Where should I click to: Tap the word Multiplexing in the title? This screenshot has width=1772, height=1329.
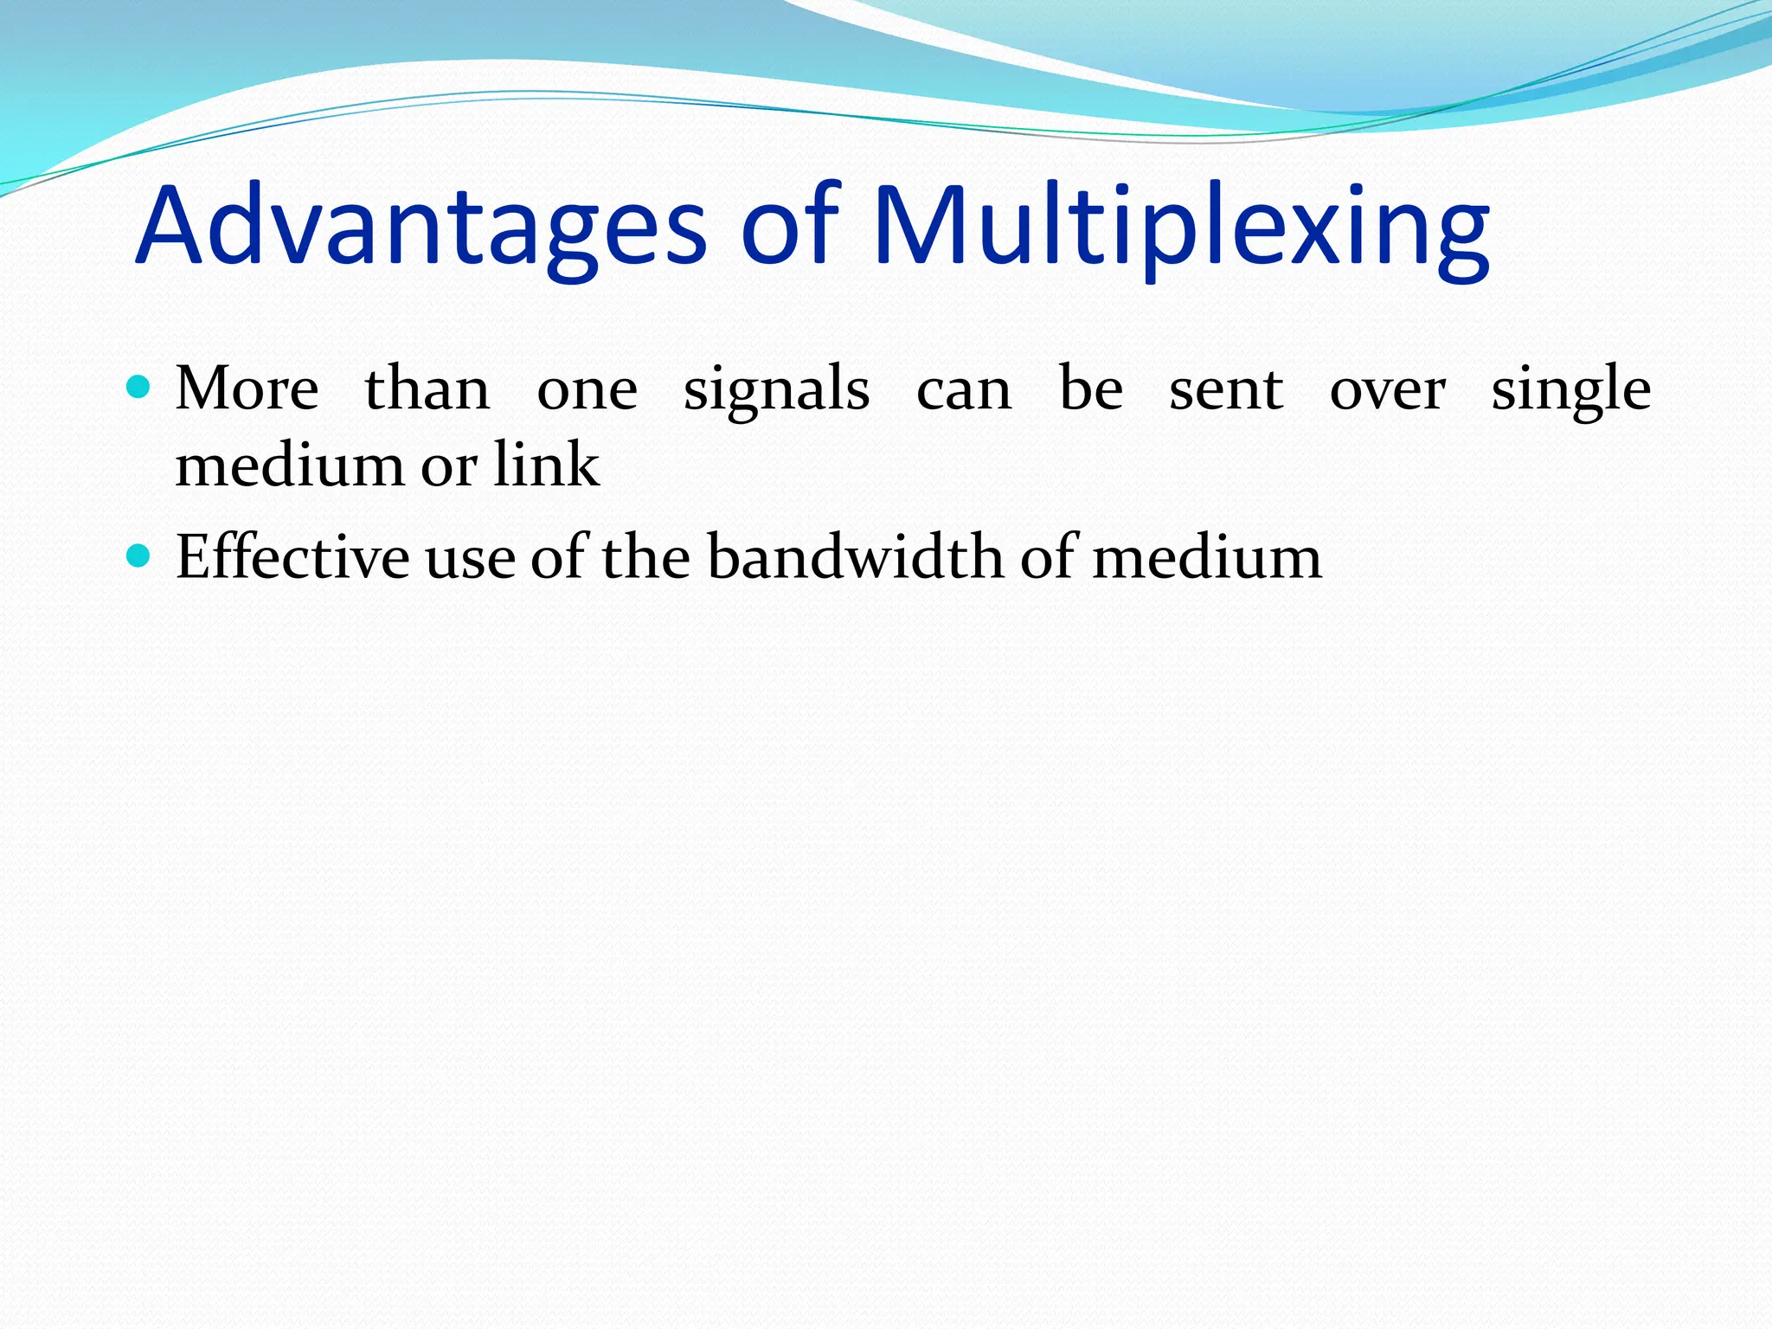(x=1181, y=227)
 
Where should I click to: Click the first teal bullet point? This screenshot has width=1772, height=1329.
(x=138, y=386)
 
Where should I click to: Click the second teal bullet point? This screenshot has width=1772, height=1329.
(x=138, y=555)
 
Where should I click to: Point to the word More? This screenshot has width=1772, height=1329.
(x=247, y=388)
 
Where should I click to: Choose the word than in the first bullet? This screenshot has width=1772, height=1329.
(x=427, y=388)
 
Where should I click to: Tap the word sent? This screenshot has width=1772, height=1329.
(x=1226, y=390)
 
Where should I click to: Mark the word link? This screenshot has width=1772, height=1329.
(x=546, y=465)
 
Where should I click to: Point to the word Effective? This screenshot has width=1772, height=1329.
(x=292, y=556)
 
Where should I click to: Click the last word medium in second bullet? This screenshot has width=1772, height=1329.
(x=1207, y=556)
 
